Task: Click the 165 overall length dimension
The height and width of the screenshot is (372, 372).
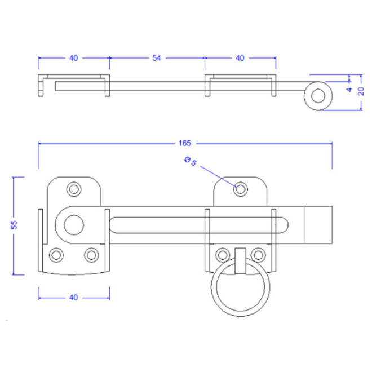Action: click(x=184, y=143)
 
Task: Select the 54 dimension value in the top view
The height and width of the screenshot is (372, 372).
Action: click(x=157, y=58)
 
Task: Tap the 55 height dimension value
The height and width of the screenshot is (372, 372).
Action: click(x=14, y=225)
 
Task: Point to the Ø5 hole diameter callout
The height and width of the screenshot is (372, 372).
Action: click(x=191, y=161)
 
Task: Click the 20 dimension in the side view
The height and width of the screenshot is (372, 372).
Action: click(x=361, y=91)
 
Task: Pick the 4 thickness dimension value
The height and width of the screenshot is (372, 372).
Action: click(x=349, y=90)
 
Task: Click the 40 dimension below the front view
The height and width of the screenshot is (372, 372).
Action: click(x=73, y=298)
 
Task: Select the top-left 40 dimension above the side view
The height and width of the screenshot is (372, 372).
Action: click(x=73, y=58)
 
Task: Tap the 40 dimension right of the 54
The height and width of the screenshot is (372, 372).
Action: click(x=240, y=58)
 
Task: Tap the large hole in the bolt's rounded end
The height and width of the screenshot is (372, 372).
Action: click(x=74, y=225)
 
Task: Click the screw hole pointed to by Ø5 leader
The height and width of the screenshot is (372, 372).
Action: click(x=241, y=189)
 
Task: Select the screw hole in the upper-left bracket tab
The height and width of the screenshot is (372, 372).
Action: click(x=74, y=189)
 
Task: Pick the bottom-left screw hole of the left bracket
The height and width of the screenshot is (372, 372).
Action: click(x=56, y=255)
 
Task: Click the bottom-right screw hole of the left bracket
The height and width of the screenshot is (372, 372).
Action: click(x=91, y=255)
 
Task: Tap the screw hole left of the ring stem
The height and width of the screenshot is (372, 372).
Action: click(x=223, y=255)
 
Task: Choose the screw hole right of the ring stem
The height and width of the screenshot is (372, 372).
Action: click(x=258, y=255)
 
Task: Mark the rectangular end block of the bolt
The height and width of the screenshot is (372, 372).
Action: click(x=318, y=225)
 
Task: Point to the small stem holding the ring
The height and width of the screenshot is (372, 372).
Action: click(x=240, y=261)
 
